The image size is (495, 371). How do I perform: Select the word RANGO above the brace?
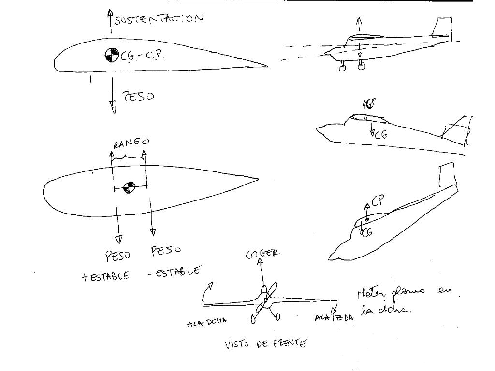pyautogui.click(x=131, y=143)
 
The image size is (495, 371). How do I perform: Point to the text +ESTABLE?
pyautogui.click(x=105, y=276)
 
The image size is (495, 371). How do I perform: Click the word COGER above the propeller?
pyautogui.click(x=262, y=254)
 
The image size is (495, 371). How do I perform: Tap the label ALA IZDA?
pyautogui.click(x=334, y=317)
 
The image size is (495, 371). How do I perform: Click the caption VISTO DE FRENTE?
pyautogui.click(x=265, y=344)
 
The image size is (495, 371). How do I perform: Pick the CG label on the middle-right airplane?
pyautogui.click(x=381, y=135)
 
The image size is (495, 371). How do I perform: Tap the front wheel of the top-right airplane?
pyautogui.click(x=343, y=68)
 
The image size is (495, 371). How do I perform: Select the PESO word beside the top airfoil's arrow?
pyautogui.click(x=139, y=96)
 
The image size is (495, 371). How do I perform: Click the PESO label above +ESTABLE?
pyautogui.click(x=117, y=256)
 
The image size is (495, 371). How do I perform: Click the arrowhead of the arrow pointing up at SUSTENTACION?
pyautogui.click(x=110, y=14)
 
